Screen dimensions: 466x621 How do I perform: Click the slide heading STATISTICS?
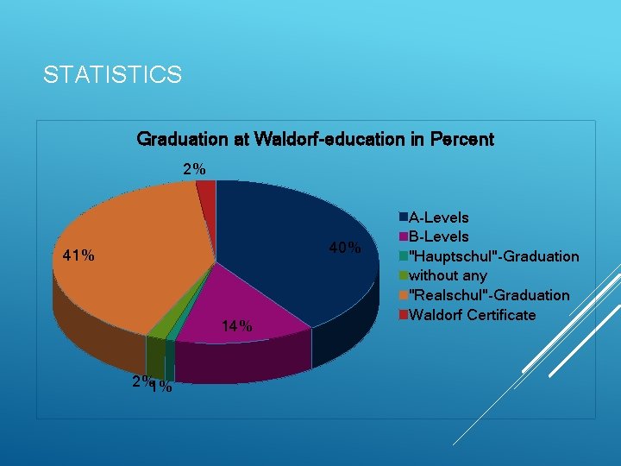click(112, 75)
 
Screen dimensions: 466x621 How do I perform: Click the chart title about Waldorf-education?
click(315, 139)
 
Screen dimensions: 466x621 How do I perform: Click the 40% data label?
click(344, 249)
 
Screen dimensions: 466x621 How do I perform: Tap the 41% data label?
click(78, 255)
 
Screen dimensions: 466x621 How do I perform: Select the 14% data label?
click(236, 326)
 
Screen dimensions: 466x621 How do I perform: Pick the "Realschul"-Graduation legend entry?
click(488, 295)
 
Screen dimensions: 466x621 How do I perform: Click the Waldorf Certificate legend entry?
click(471, 314)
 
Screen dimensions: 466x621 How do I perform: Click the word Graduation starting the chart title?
click(182, 139)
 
